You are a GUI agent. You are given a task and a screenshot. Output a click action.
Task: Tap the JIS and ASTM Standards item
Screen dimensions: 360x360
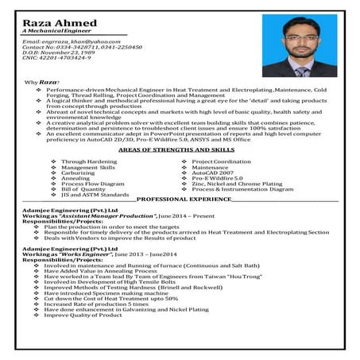(x=95, y=194)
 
